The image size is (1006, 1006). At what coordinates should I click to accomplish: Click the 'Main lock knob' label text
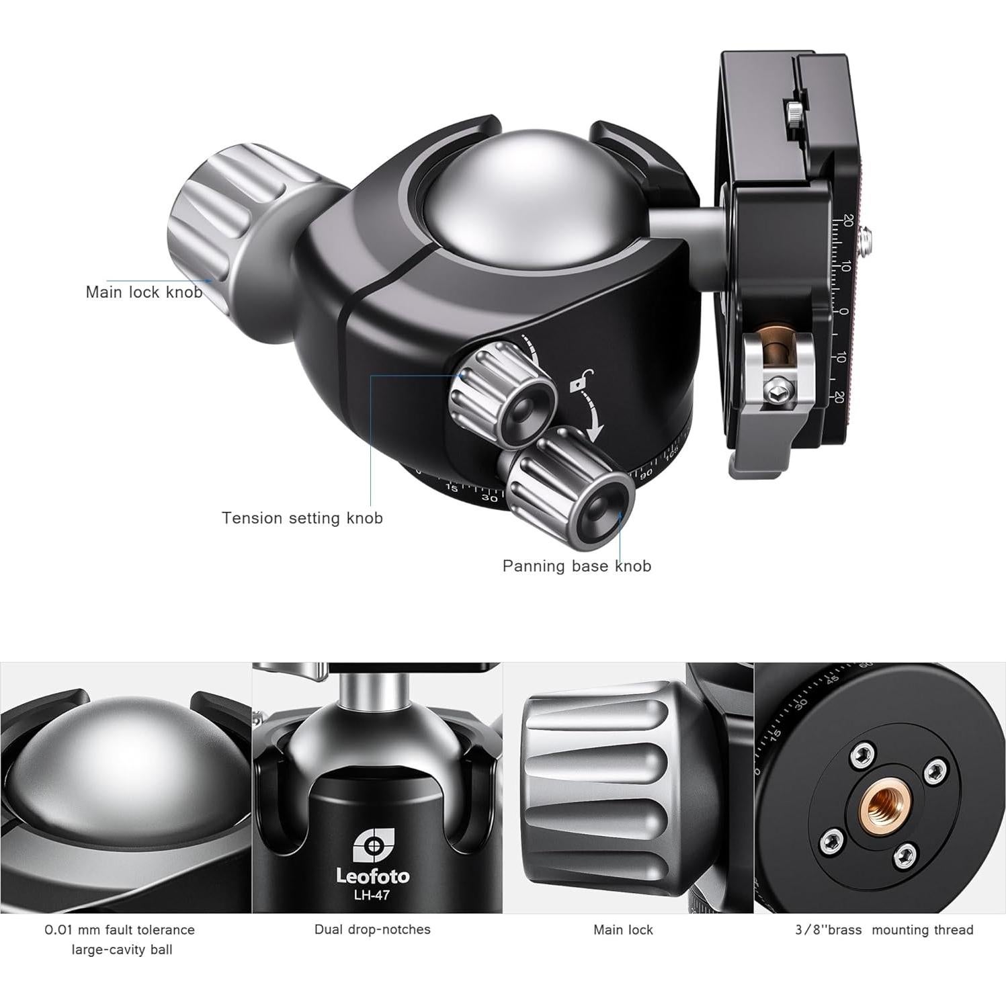tap(144, 292)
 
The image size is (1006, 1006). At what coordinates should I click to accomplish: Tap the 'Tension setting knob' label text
tap(302, 518)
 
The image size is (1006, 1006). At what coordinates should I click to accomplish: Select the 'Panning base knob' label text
tap(577, 566)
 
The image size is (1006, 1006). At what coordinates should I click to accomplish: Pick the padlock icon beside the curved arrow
tap(577, 386)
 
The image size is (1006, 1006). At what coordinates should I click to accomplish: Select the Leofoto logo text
tap(372, 876)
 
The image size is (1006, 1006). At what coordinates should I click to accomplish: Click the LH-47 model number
tap(372, 894)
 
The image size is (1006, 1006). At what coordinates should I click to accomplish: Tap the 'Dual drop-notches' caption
tap(372, 929)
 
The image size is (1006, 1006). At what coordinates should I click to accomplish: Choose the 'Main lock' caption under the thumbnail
tap(623, 930)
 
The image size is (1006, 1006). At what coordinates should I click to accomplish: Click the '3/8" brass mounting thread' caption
tap(884, 930)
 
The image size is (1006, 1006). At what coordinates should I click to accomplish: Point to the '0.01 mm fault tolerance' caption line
tap(120, 930)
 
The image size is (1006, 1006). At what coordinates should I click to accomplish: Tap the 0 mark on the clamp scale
tap(844, 311)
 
